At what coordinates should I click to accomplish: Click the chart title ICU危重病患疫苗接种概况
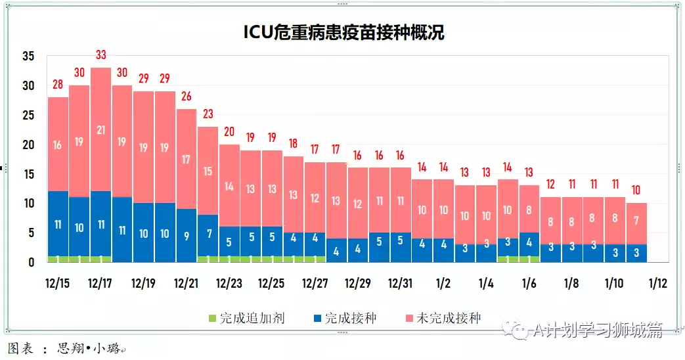click(x=343, y=32)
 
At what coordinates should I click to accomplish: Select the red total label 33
click(x=100, y=55)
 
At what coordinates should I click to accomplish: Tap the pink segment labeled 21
click(x=100, y=130)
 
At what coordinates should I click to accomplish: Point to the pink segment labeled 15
click(x=208, y=171)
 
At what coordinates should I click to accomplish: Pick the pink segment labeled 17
click(x=187, y=159)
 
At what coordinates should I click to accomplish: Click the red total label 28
click(x=58, y=85)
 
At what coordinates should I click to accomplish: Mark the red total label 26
click(x=187, y=97)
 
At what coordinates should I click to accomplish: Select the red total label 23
click(x=208, y=114)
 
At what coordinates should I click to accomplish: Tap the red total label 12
click(x=550, y=184)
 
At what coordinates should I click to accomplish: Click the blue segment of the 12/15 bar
click(x=58, y=223)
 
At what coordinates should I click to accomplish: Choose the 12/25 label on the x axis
click(x=272, y=284)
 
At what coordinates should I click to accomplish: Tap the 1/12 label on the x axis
click(x=657, y=284)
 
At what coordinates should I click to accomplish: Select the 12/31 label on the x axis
click(x=401, y=284)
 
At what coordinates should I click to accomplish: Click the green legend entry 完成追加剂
click(x=245, y=319)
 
